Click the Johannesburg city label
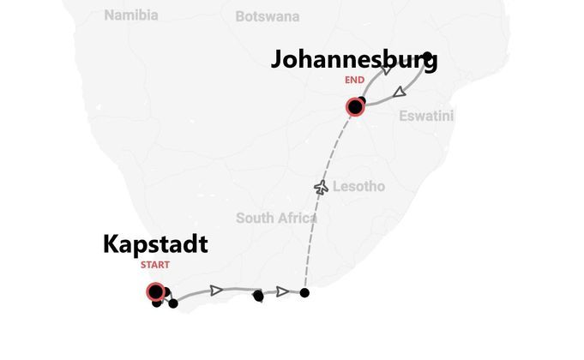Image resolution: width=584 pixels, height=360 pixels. (x=354, y=60)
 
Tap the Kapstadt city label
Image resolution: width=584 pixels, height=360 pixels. (x=155, y=244)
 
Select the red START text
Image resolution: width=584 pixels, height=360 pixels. (x=155, y=265)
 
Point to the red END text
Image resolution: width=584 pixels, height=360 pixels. (x=354, y=81)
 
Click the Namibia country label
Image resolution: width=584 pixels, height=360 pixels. (x=131, y=15)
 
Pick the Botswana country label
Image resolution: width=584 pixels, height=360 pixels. (x=268, y=16)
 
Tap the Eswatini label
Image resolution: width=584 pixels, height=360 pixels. (x=426, y=116)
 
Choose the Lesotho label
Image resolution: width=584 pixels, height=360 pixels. (x=358, y=186)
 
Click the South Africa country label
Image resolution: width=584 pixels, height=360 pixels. (x=276, y=218)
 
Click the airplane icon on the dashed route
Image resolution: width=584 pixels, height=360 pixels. (x=322, y=187)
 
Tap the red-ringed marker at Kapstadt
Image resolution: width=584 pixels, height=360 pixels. (x=155, y=292)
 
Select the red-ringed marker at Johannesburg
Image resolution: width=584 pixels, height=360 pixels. (x=354, y=107)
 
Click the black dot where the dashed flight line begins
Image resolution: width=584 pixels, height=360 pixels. (x=304, y=293)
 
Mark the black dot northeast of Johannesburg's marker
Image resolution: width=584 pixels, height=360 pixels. (x=427, y=57)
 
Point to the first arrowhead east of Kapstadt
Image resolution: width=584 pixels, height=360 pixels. (x=217, y=291)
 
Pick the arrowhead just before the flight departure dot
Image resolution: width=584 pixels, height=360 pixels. (x=282, y=291)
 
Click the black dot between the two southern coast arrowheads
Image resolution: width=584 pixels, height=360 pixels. (x=258, y=297)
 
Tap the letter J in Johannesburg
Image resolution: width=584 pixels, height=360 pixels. (x=280, y=60)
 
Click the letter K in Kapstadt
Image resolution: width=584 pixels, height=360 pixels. (x=111, y=244)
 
